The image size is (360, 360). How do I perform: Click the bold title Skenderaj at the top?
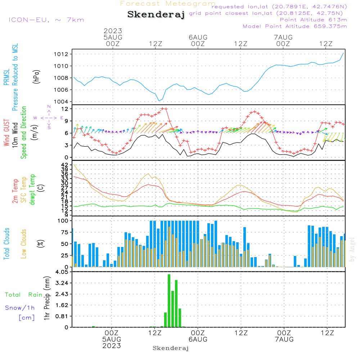[x=156, y=14]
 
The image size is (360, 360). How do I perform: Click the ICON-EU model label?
[x=46, y=20]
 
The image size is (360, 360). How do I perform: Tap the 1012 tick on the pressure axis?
[x=62, y=54]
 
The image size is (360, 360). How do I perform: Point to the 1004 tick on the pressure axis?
[x=62, y=102]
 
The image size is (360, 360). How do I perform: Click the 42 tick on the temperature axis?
[x=64, y=165]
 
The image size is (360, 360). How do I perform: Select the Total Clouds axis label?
[x=7, y=243]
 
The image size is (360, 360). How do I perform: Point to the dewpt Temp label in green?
[x=32, y=189]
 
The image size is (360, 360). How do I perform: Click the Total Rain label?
[x=23, y=295]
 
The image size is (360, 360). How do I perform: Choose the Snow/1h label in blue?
[x=20, y=308]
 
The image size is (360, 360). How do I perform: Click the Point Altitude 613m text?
[x=313, y=20]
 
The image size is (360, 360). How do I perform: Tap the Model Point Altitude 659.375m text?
[x=295, y=26]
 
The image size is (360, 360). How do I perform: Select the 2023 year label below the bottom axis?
[x=112, y=346]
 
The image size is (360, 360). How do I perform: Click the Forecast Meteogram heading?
[x=168, y=4]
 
